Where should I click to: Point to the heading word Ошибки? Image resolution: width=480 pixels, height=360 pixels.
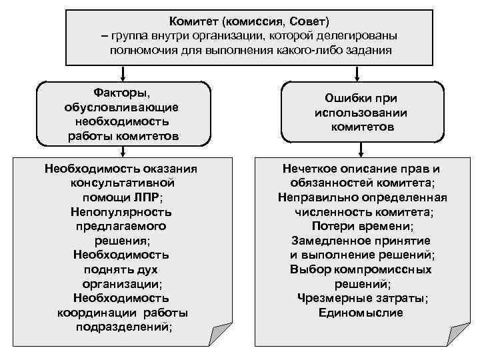click(x=347, y=99)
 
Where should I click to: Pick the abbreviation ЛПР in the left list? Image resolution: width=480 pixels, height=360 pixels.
click(x=146, y=198)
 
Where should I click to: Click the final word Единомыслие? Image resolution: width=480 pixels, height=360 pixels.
click(x=361, y=312)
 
